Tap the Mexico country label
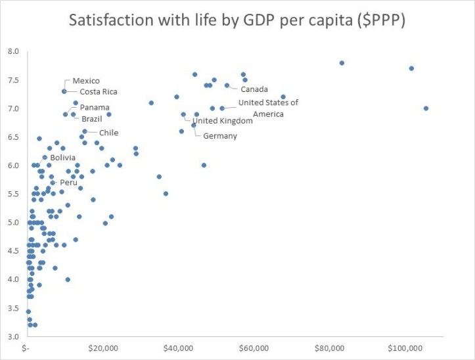[x=86, y=81]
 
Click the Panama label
[x=95, y=107]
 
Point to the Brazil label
[x=91, y=118]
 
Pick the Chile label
[x=108, y=133]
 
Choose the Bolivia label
[x=62, y=158]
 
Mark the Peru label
[x=68, y=182]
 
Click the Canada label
[x=254, y=89]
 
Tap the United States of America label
[x=268, y=108]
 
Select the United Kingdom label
[x=222, y=121]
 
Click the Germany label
[x=220, y=136]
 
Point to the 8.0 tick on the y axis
[x=13, y=51]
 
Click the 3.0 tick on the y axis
[x=13, y=336]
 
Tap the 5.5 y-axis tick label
[x=13, y=194]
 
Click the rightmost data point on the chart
[x=426, y=108]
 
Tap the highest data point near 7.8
[x=342, y=63]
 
